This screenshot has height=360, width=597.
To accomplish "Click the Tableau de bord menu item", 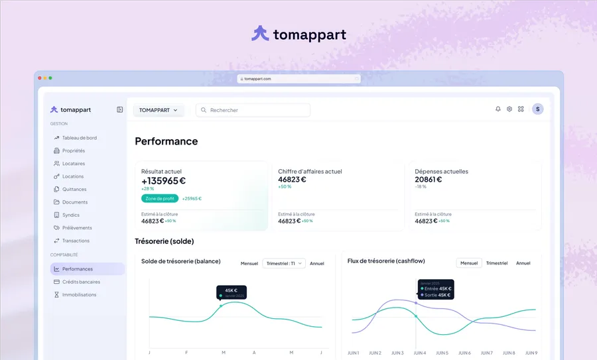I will pyautogui.click(x=79, y=138).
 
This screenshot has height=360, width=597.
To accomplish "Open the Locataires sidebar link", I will pyautogui.click(x=73, y=164).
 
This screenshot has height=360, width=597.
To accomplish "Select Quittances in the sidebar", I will pyautogui.click(x=74, y=190).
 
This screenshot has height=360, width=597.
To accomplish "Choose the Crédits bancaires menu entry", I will pyautogui.click(x=81, y=282).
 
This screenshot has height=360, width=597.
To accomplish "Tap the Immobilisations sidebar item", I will pyautogui.click(x=79, y=295).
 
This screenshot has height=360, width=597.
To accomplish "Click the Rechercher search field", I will pyautogui.click(x=253, y=110).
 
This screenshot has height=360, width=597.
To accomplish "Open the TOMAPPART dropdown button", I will pyautogui.click(x=159, y=110).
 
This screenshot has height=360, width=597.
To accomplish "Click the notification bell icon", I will pyautogui.click(x=498, y=109).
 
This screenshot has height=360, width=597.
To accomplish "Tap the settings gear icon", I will pyautogui.click(x=509, y=109).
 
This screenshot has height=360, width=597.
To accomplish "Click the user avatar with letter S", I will pyautogui.click(x=537, y=109).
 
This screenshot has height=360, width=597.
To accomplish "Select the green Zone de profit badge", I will pyautogui.click(x=160, y=198).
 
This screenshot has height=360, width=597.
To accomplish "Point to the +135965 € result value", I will pyautogui.click(x=164, y=180).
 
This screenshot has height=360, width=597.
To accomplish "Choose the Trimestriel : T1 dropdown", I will pyautogui.click(x=284, y=263).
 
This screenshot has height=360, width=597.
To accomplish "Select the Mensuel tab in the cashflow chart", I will pyautogui.click(x=469, y=263).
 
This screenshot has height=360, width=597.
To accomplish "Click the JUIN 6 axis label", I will pyautogui.click(x=464, y=353).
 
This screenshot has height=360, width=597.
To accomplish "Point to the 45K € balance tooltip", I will pyautogui.click(x=231, y=292).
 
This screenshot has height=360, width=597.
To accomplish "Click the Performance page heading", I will pyautogui.click(x=166, y=141).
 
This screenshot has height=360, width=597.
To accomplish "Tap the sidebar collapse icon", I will pyautogui.click(x=120, y=109).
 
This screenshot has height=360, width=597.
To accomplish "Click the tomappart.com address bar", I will pyautogui.click(x=298, y=79).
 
